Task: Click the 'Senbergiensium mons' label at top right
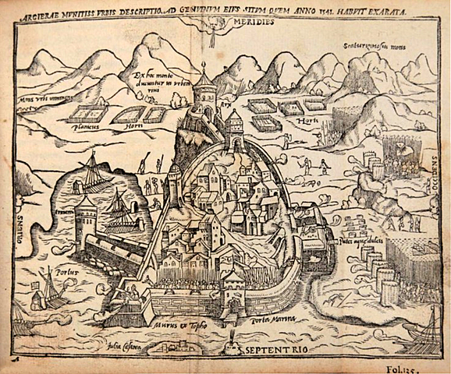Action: tap(378, 46)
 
